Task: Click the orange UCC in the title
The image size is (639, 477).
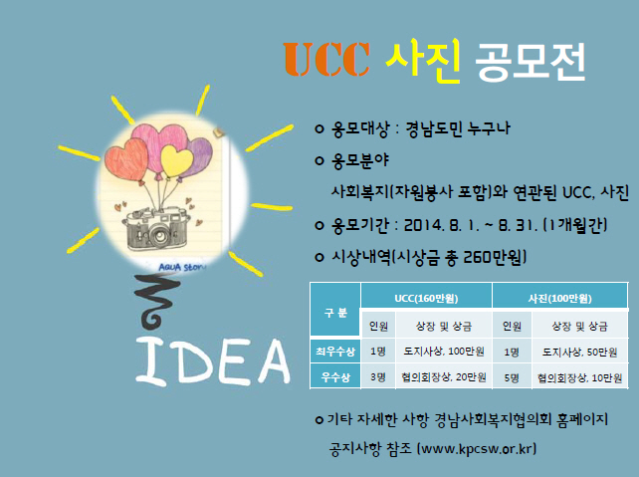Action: [x=326, y=60]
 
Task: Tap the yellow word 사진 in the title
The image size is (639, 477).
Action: [x=423, y=61]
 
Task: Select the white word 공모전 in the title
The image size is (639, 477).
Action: [x=531, y=62]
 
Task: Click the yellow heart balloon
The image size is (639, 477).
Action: [x=177, y=160]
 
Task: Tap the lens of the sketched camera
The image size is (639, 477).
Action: [x=158, y=235]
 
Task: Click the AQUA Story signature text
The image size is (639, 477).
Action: [x=182, y=268]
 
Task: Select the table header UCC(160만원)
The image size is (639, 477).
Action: [x=426, y=299]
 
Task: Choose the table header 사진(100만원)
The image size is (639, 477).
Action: [x=560, y=299]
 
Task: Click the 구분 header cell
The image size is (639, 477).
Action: [x=335, y=313]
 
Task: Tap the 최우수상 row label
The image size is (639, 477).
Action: [x=335, y=351]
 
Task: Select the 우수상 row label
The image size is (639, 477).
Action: [x=335, y=377]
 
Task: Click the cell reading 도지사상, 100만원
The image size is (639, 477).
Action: [x=444, y=351]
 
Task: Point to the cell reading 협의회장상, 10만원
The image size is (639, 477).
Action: [x=579, y=377]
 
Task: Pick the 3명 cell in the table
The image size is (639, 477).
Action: [x=378, y=377]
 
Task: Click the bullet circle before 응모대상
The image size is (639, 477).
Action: [x=319, y=129]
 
